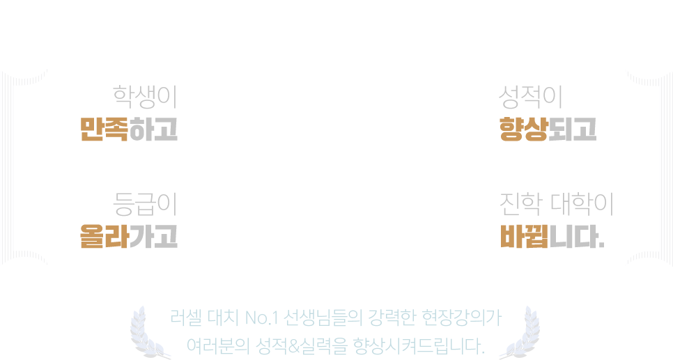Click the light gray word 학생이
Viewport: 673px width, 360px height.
coord(145,97)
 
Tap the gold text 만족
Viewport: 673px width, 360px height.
coord(105,129)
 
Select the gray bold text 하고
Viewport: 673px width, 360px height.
coord(153,129)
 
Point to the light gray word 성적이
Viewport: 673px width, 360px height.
coord(530,97)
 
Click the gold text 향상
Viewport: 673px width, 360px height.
coord(524,129)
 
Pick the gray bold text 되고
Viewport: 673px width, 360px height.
coord(573,129)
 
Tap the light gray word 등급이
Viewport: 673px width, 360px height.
coord(145,204)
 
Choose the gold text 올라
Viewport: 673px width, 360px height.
coord(105,236)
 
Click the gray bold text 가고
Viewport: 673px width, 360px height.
coord(153,236)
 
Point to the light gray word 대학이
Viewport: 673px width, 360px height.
coord(582,204)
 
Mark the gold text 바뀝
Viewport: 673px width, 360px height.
coord(525,236)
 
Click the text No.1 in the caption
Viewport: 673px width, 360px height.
coord(262,318)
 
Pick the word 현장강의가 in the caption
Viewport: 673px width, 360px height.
coord(462,318)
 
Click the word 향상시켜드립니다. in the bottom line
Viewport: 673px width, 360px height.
coord(419,346)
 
